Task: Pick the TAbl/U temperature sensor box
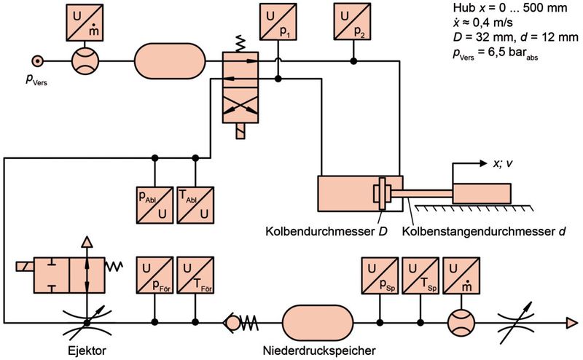pos(195,203)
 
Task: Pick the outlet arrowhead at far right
pos(573,321)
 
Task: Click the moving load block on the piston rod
pos(483,192)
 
